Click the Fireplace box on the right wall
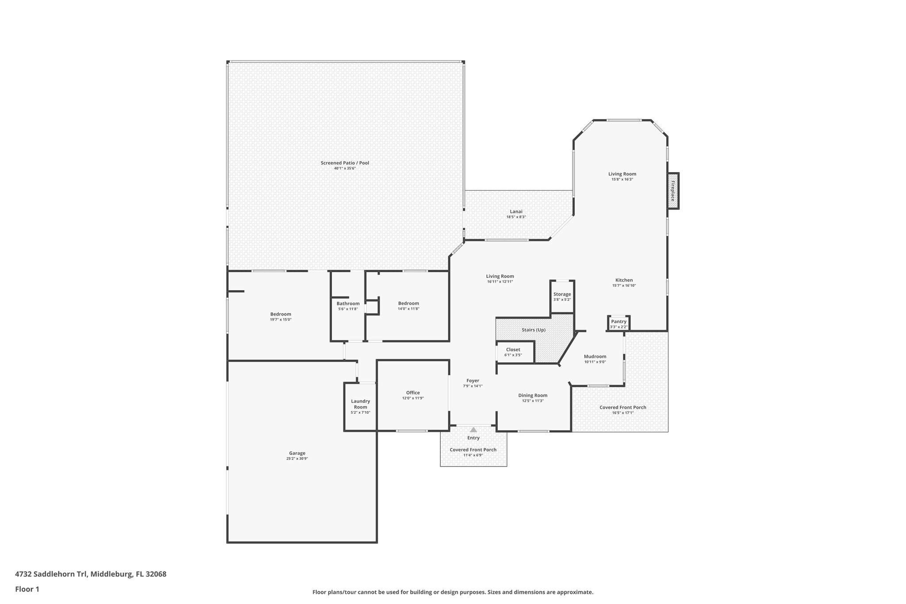(x=673, y=191)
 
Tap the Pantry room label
(x=618, y=322)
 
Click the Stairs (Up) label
(x=534, y=330)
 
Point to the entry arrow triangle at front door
(x=473, y=430)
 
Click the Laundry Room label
(x=360, y=404)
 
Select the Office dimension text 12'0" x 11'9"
(x=413, y=398)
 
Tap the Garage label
(x=297, y=453)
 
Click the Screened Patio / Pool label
(x=345, y=163)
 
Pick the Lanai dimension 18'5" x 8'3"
(x=516, y=217)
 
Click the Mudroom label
(x=595, y=357)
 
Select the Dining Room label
(x=533, y=396)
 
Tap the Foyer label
(x=472, y=381)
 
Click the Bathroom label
(x=348, y=304)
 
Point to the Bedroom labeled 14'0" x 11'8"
(x=408, y=304)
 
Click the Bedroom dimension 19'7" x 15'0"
(x=280, y=319)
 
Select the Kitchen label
(x=624, y=280)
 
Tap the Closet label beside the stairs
(x=513, y=350)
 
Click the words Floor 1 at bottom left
(x=27, y=589)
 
